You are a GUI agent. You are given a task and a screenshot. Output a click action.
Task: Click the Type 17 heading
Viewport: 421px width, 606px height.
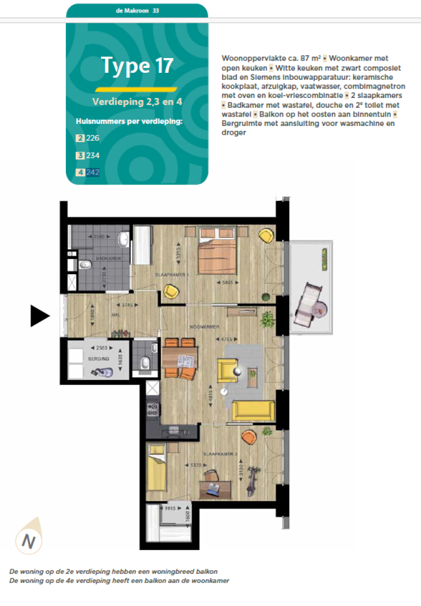click(x=137, y=65)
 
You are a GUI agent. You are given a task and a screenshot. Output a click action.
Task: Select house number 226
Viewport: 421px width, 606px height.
click(x=92, y=138)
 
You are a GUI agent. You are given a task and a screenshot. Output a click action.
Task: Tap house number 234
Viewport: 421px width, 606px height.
click(x=92, y=155)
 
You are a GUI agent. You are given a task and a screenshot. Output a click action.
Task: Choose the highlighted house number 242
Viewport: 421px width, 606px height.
click(x=92, y=172)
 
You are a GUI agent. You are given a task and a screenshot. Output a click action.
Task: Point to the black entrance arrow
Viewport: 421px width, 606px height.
click(x=39, y=316)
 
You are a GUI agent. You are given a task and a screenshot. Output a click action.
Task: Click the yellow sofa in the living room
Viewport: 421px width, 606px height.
click(x=254, y=410)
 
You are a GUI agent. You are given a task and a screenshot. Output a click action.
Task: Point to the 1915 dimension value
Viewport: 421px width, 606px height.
click(x=169, y=509)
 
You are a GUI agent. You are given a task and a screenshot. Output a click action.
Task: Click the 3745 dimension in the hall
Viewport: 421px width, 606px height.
click(x=127, y=305)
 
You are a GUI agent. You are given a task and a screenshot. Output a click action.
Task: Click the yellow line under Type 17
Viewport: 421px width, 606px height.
click(x=136, y=89)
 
